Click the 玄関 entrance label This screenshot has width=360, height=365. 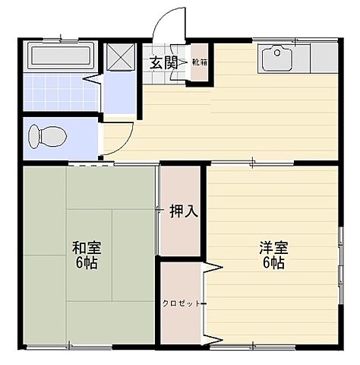coord(163,62)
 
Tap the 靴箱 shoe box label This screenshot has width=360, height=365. coord(199,62)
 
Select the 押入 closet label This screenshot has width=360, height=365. coord(183,211)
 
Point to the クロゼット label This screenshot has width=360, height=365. coord(182,303)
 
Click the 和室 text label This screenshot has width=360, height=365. coord(86,249)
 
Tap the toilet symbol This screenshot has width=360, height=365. coord(47,138)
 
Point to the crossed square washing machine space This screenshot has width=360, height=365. coord(118,58)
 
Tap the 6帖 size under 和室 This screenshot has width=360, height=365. coord(86,265)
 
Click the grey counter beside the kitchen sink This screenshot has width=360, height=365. coord(324,58)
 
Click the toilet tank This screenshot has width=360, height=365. coord(33,138)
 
